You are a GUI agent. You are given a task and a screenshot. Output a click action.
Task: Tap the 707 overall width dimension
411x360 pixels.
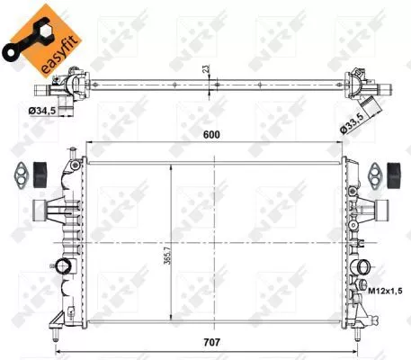(210, 341)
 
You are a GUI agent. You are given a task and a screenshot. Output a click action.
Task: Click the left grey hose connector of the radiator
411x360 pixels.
(40, 209)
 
